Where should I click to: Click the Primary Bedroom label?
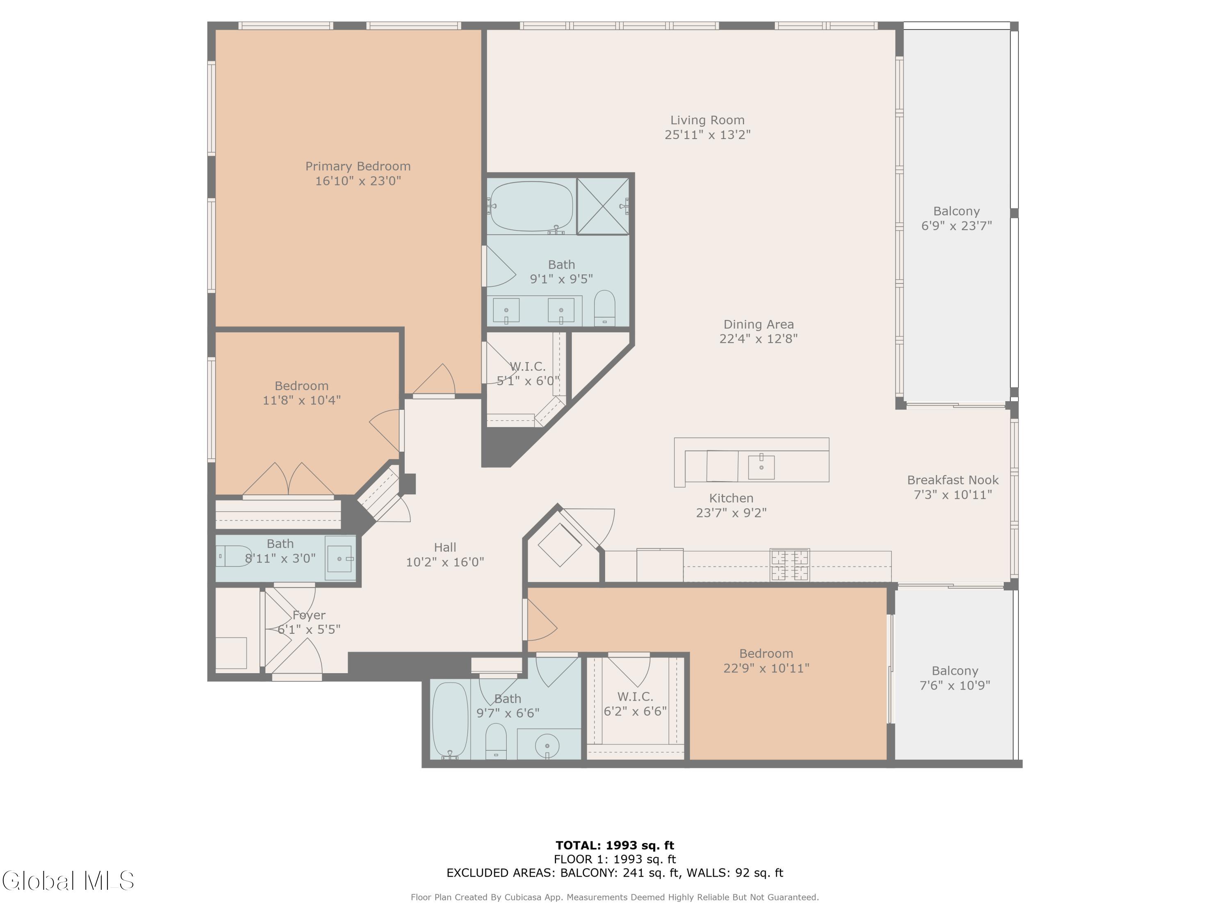358,167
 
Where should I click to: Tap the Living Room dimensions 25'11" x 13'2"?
707,135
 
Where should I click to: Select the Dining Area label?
758,324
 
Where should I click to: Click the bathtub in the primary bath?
531,206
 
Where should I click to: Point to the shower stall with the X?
603,206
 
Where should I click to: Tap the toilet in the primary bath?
604,308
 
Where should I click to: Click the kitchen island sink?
761,466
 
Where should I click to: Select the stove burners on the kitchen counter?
790,565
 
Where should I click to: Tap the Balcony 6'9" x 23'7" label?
957,219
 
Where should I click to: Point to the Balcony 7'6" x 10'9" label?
955,678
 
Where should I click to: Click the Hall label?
445,548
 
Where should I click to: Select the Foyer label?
309,615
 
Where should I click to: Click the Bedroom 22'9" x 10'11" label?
766,661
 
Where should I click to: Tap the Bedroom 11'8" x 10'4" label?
301,393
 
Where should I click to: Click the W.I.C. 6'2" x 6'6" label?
635,704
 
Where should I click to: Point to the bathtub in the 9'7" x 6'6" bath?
451,720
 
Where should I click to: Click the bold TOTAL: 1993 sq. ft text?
615,845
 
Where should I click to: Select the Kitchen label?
731,498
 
